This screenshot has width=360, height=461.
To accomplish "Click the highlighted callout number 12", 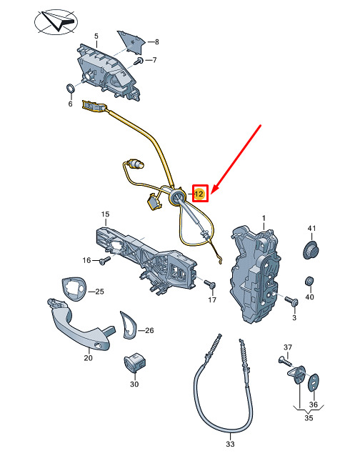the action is pyautogui.click(x=199, y=194).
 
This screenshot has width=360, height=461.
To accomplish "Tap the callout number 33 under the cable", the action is pyautogui.click(x=231, y=444).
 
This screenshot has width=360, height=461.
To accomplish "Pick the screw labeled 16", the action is pyautogui.click(x=105, y=260).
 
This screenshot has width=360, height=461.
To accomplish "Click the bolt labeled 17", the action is pyautogui.click(x=210, y=284).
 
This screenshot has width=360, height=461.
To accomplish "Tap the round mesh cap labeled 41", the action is pyautogui.click(x=311, y=249).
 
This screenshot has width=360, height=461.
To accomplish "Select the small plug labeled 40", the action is pyautogui.click(x=309, y=281).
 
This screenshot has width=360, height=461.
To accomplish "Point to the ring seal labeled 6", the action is pyautogui.click(x=70, y=88).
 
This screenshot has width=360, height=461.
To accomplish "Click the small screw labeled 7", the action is pyautogui.click(x=139, y=61).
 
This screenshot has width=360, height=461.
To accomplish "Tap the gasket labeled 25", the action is pyautogui.click(x=75, y=289).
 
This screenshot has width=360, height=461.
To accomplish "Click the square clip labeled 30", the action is pyautogui.click(x=134, y=362).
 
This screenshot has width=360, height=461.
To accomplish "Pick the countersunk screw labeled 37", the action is pyautogui.click(x=285, y=361).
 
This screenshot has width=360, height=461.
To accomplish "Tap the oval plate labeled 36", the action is pyautogui.click(x=314, y=383).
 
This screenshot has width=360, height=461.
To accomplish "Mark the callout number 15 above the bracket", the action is pyautogui.click(x=105, y=214).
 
